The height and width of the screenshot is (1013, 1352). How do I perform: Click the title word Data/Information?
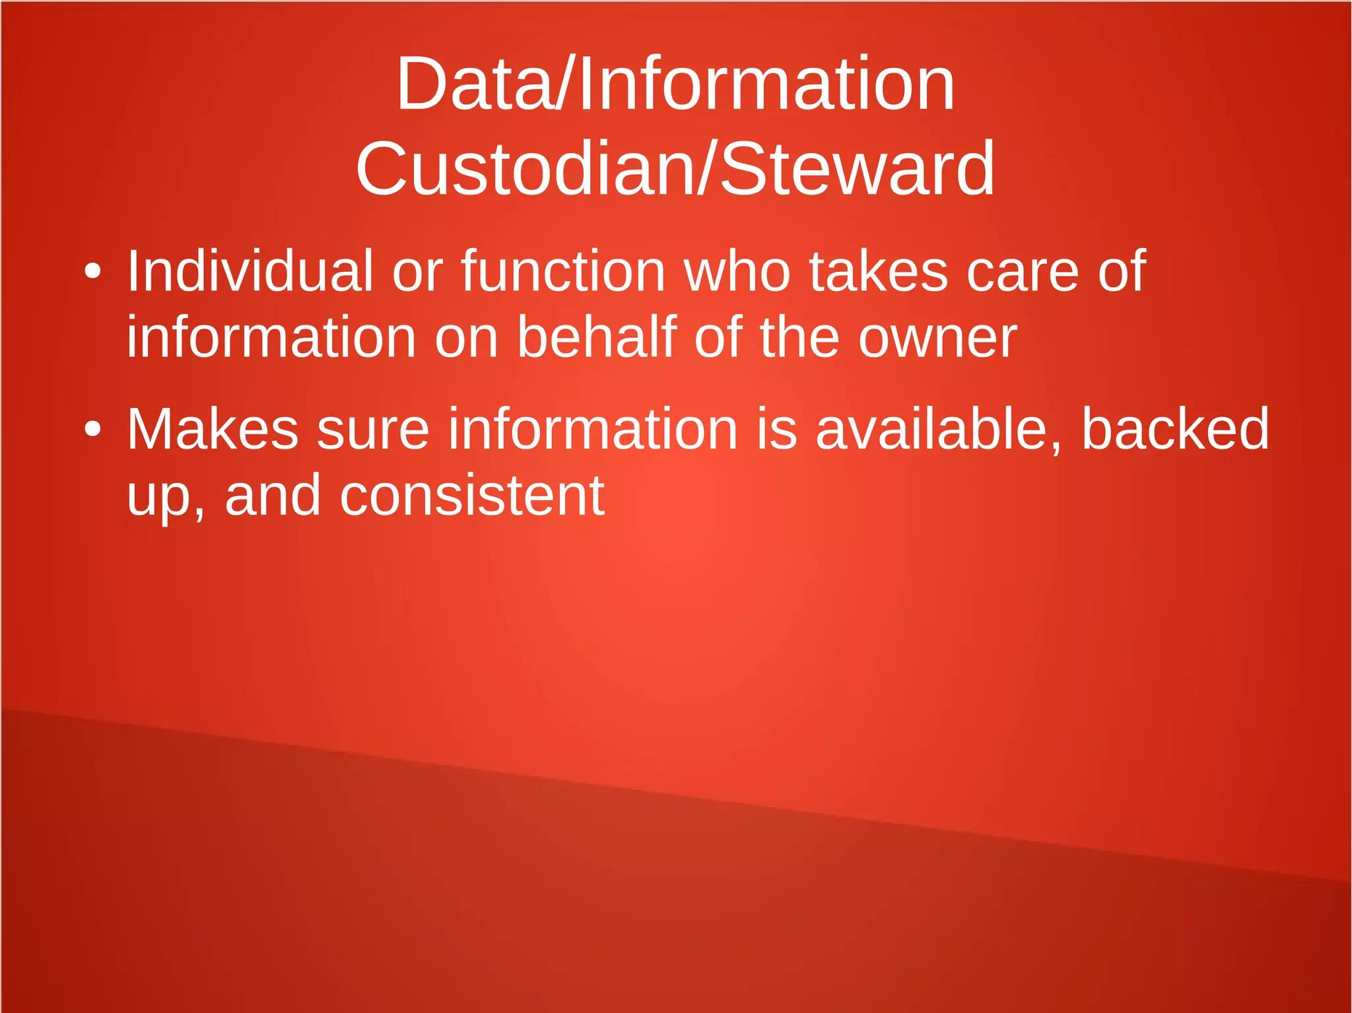[x=675, y=84]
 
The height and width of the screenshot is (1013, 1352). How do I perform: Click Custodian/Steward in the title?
[x=675, y=169]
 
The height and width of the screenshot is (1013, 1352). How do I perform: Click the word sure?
[x=373, y=431]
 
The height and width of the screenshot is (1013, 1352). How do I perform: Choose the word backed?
[x=1175, y=430]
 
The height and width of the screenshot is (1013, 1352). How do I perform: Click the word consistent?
[x=471, y=496]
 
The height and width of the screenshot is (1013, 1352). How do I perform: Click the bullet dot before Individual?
[x=92, y=271]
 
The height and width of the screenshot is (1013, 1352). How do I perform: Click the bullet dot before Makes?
[x=92, y=430]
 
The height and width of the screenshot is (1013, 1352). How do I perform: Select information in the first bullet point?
[x=271, y=337]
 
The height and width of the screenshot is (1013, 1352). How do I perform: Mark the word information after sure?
[x=593, y=430]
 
